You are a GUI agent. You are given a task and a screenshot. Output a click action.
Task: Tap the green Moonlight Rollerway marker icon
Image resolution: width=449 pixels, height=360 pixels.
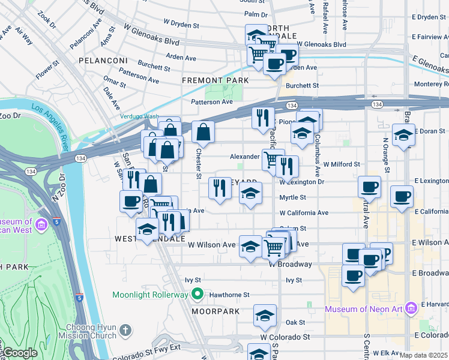[197, 295]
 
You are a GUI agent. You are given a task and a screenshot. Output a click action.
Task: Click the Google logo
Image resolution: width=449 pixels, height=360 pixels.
[19, 353]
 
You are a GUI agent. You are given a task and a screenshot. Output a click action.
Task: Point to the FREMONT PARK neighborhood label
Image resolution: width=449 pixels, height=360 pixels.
[215, 80]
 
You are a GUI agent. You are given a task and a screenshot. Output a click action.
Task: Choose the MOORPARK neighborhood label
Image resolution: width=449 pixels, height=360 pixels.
[215, 312]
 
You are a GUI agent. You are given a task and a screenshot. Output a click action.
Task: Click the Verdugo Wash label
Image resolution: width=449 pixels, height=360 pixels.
[139, 116]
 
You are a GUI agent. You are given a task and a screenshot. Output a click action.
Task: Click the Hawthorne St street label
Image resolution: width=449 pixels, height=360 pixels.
[229, 295]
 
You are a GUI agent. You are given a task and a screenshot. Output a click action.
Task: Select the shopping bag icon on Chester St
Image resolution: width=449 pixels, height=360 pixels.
[203, 131]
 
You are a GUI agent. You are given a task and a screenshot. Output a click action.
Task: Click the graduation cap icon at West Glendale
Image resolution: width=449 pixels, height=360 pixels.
[148, 229]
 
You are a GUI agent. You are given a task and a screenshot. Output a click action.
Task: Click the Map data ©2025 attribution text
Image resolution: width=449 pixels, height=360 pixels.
[424, 355]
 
